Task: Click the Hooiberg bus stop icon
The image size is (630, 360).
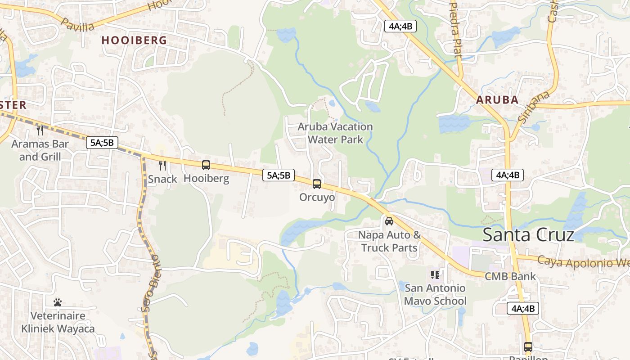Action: (206, 165)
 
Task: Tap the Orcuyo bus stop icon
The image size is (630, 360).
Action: (317, 184)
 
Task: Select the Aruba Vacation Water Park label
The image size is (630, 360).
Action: (335, 133)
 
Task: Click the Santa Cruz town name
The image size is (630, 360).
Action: (528, 235)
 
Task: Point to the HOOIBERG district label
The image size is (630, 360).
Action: (134, 40)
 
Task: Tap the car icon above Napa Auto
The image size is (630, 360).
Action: (389, 221)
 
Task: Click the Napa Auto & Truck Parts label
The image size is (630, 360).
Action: (390, 241)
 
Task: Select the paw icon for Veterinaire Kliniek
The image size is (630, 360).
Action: (58, 302)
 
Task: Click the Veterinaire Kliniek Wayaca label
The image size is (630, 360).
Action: (58, 322)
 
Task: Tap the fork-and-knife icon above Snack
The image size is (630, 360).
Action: (162, 166)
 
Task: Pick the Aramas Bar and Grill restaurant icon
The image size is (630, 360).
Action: (40, 130)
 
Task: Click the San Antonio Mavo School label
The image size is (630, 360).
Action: (435, 294)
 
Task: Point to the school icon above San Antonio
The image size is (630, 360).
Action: (435, 274)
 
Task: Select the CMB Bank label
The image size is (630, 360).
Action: (510, 276)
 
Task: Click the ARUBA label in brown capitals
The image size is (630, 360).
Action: (497, 100)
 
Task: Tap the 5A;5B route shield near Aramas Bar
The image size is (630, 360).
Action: (102, 143)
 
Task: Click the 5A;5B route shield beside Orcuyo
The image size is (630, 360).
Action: (279, 175)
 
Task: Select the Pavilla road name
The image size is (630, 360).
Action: (77, 24)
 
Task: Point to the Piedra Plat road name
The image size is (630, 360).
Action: (456, 30)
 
